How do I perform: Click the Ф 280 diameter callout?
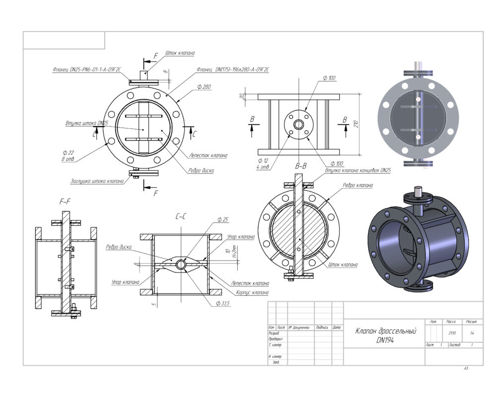coord(204,87)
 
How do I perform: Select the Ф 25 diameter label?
coord(223,219)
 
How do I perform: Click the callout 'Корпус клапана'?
coord(252,292)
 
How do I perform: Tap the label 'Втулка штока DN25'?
coord(86,123)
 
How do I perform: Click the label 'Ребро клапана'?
coord(357,185)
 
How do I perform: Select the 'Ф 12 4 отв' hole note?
coord(263,164)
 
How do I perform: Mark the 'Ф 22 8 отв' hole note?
coord(70,155)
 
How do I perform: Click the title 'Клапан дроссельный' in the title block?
coord(385,331)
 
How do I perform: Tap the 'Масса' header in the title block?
coord(451,322)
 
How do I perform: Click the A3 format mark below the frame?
coord(466,368)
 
